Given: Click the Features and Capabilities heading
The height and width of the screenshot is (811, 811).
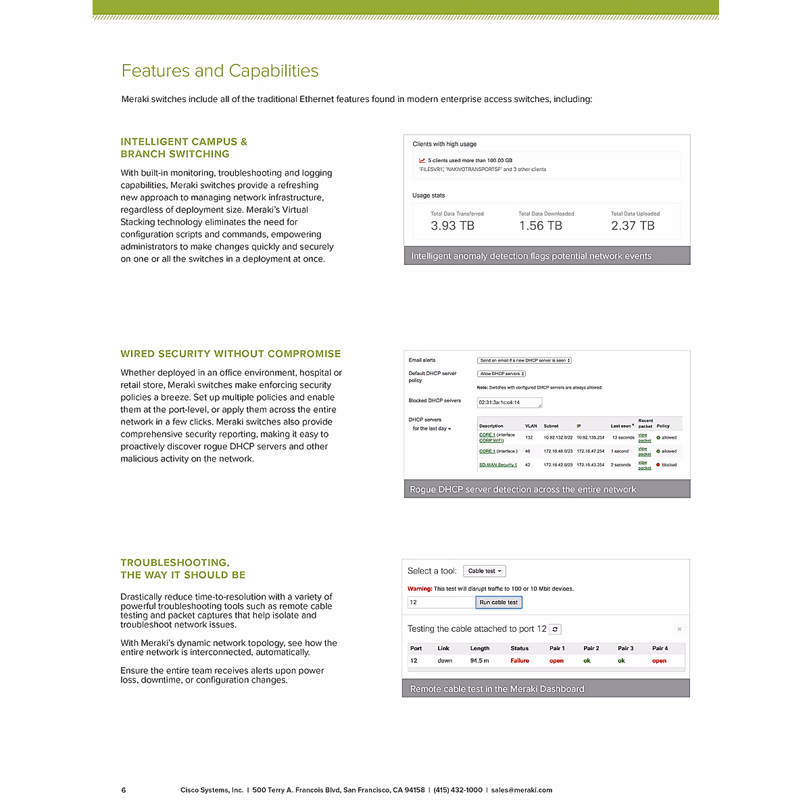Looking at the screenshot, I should coord(220,71).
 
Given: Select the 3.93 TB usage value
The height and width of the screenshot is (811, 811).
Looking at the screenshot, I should coord(452,226).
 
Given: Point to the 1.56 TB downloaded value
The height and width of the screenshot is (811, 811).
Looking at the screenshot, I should coord(540,226).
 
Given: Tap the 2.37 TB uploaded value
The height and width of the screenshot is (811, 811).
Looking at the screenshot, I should coord(633,226).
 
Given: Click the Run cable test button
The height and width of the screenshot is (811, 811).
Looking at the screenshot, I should coord(499,602).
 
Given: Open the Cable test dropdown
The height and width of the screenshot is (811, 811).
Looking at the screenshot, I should coord(485,571).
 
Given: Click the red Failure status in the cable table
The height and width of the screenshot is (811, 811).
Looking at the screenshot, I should coord(520,661).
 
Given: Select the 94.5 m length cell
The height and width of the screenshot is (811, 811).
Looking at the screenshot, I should coord(480,661).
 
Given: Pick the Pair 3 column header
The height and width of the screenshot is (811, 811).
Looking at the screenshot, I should coord(626,648).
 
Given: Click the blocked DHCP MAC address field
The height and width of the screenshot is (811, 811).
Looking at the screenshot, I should coord(510,403).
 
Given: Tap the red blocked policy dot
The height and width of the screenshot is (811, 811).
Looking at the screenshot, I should coord(658,465).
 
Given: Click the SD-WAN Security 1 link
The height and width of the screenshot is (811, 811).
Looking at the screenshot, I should coord(498,465).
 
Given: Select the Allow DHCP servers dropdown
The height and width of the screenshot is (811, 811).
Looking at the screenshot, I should coord(501,374).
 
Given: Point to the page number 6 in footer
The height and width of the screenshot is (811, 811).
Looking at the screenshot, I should coord(124,790).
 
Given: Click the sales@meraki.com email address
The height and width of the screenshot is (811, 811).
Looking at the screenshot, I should coord(522,790).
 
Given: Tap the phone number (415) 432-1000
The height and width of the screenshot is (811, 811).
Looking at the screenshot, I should coord(458,790).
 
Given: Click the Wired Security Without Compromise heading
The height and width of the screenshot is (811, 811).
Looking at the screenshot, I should coord(230,354).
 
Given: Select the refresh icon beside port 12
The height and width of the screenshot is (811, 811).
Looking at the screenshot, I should coord(555,629).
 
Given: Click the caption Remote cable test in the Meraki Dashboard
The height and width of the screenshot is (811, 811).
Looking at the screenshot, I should coord(497,689).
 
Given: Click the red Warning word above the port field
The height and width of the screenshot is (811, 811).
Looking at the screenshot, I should coord(420,589).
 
